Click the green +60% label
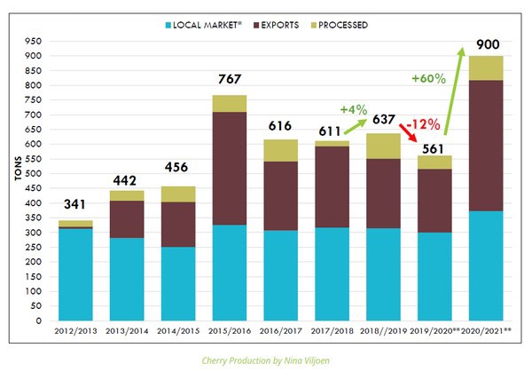click(428, 78)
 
